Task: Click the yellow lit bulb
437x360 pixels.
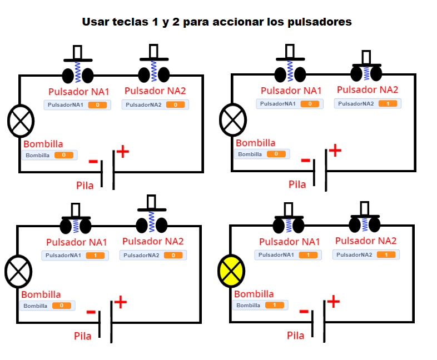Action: point(231,271)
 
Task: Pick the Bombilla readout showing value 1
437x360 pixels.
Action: point(260,306)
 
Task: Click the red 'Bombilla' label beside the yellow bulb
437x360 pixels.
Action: point(254,294)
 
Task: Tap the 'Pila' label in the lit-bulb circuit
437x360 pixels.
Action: point(295,336)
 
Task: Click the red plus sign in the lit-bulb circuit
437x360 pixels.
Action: point(333,302)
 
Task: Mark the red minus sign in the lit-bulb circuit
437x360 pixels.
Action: point(304,311)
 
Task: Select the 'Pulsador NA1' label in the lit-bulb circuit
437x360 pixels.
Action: point(290,242)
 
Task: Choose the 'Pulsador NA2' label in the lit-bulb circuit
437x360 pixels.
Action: point(366,241)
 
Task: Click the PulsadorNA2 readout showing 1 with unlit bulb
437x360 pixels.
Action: point(368,103)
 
